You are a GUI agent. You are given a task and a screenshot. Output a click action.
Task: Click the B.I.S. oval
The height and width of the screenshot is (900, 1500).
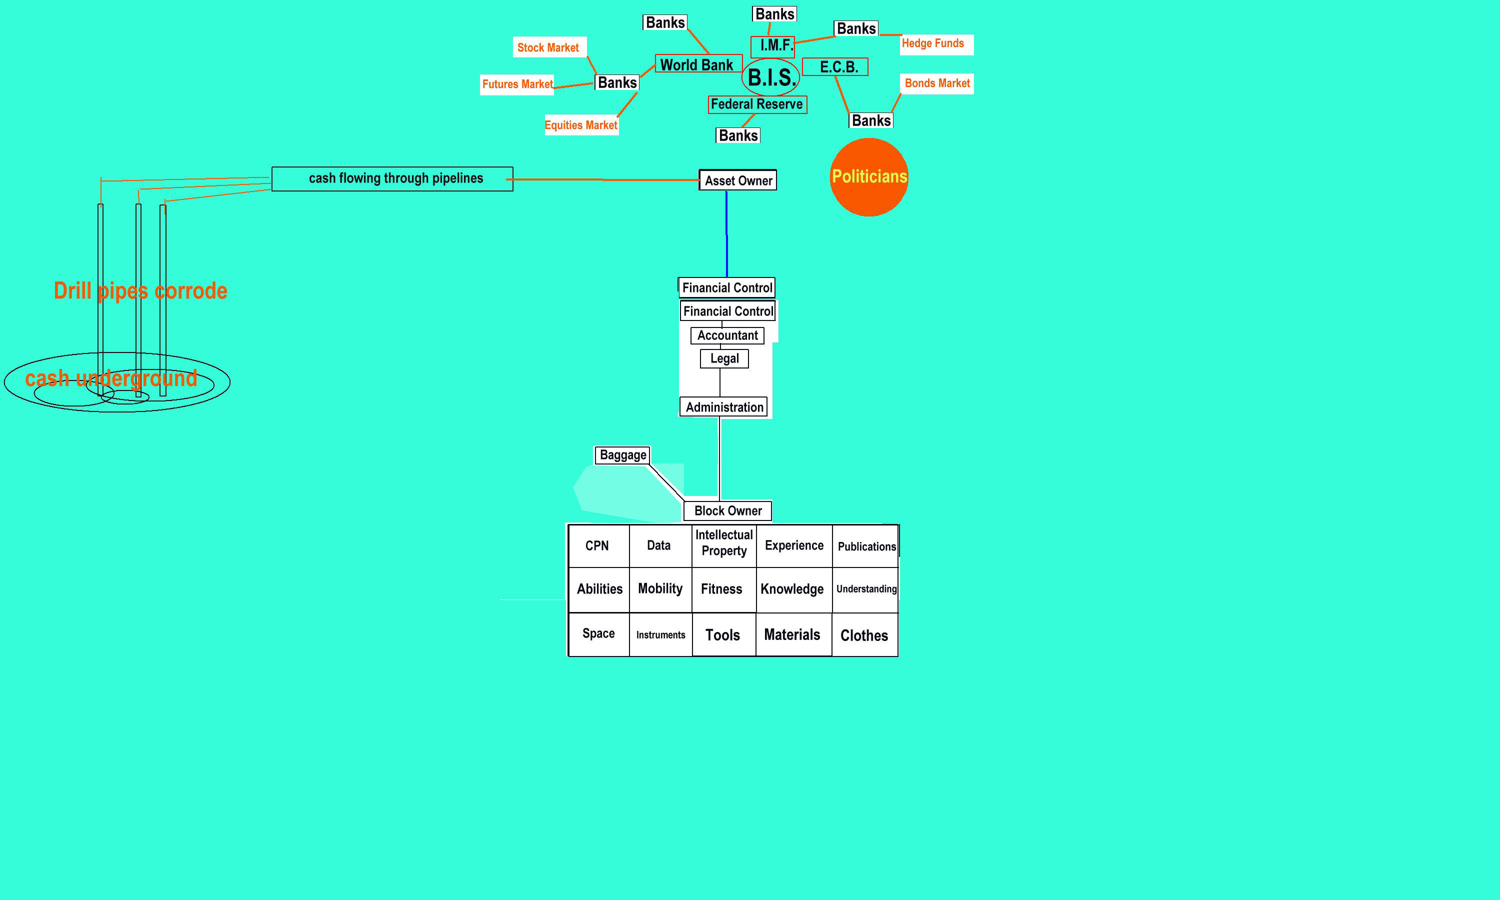point(770,77)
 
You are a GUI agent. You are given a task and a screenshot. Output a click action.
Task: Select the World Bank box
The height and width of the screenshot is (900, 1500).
point(698,64)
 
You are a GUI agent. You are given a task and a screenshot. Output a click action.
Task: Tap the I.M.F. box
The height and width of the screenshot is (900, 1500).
point(773,45)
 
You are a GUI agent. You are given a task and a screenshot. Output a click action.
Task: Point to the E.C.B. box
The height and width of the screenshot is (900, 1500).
point(835,66)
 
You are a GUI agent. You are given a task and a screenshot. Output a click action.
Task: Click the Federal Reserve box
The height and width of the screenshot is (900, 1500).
point(757,104)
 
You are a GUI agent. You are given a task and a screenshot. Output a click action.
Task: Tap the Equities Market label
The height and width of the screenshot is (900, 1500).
point(581,125)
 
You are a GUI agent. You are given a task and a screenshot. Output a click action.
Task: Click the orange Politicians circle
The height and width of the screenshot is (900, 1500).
point(869,177)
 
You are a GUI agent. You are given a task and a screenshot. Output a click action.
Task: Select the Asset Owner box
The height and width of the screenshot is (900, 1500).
point(738,180)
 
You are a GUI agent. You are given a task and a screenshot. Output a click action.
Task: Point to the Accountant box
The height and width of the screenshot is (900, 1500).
point(727,335)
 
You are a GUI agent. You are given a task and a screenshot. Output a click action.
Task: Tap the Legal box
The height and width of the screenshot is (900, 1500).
point(724,358)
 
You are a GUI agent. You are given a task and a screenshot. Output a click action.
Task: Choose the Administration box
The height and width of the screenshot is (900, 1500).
point(724,407)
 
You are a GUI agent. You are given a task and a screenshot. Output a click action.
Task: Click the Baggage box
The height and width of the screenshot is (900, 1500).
point(622,455)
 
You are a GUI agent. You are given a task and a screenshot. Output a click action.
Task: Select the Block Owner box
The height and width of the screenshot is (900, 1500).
point(727,510)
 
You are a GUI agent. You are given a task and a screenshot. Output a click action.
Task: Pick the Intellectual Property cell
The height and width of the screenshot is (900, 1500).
point(724,543)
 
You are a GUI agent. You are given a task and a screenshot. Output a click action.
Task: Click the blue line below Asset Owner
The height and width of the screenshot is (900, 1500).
point(726,234)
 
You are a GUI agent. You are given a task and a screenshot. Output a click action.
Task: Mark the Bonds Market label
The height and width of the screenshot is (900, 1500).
point(936,83)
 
